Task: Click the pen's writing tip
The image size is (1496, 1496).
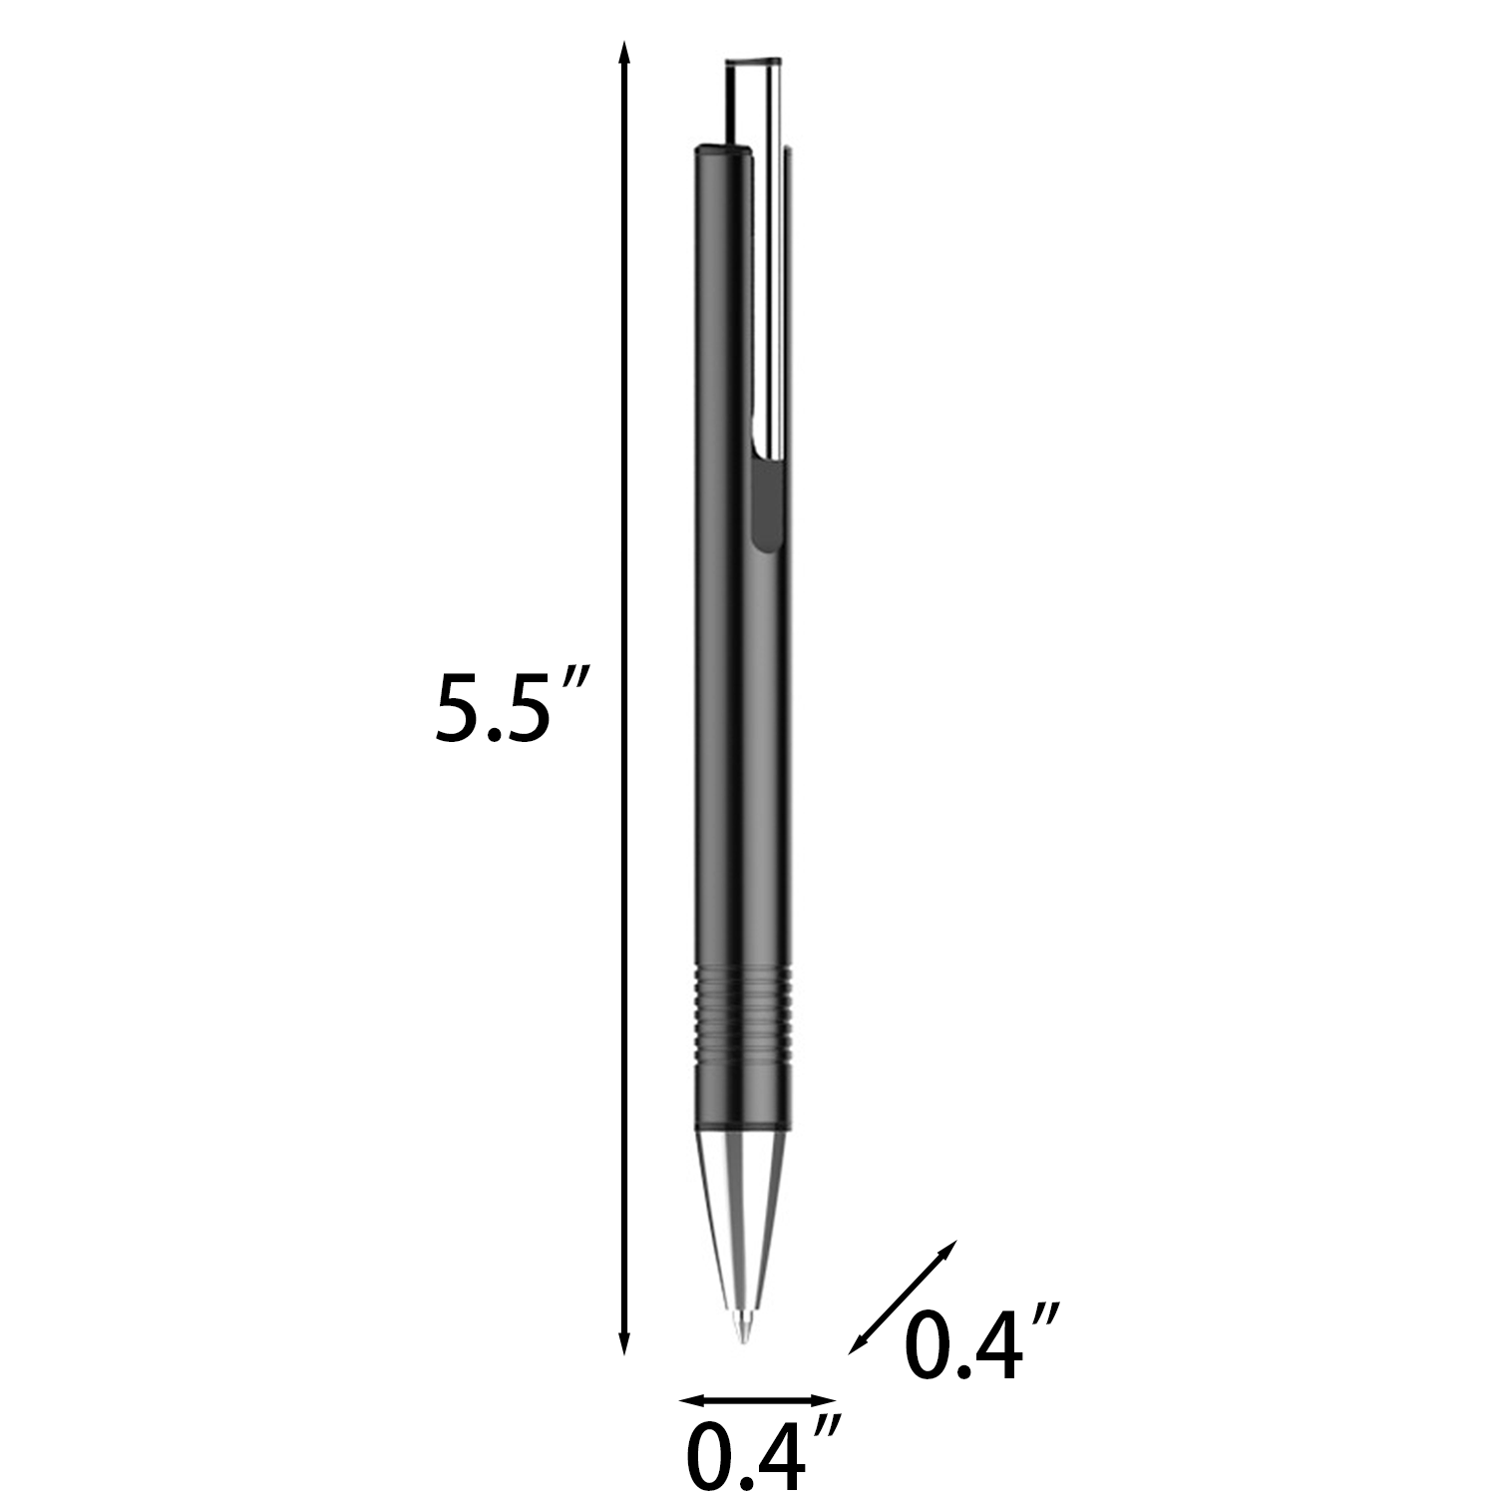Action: point(741,1332)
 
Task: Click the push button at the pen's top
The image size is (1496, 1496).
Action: point(751,100)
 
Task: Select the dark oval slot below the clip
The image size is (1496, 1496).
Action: point(766,504)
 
